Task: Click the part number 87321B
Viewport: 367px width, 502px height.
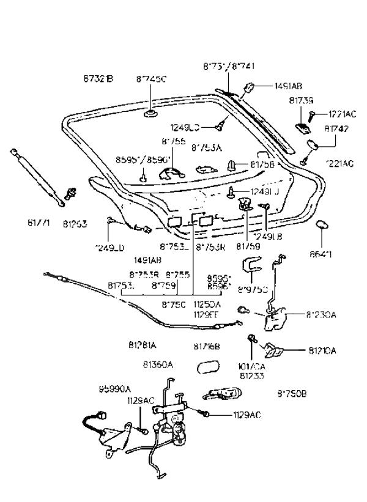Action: point(98,79)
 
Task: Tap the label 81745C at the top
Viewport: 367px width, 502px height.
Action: point(151,79)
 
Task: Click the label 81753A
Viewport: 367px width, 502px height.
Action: point(206,147)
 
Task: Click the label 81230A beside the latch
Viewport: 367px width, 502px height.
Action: point(321,315)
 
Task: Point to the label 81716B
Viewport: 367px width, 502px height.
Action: point(207,346)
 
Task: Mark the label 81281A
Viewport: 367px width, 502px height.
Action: point(143,345)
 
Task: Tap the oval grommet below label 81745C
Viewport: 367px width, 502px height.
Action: point(150,114)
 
